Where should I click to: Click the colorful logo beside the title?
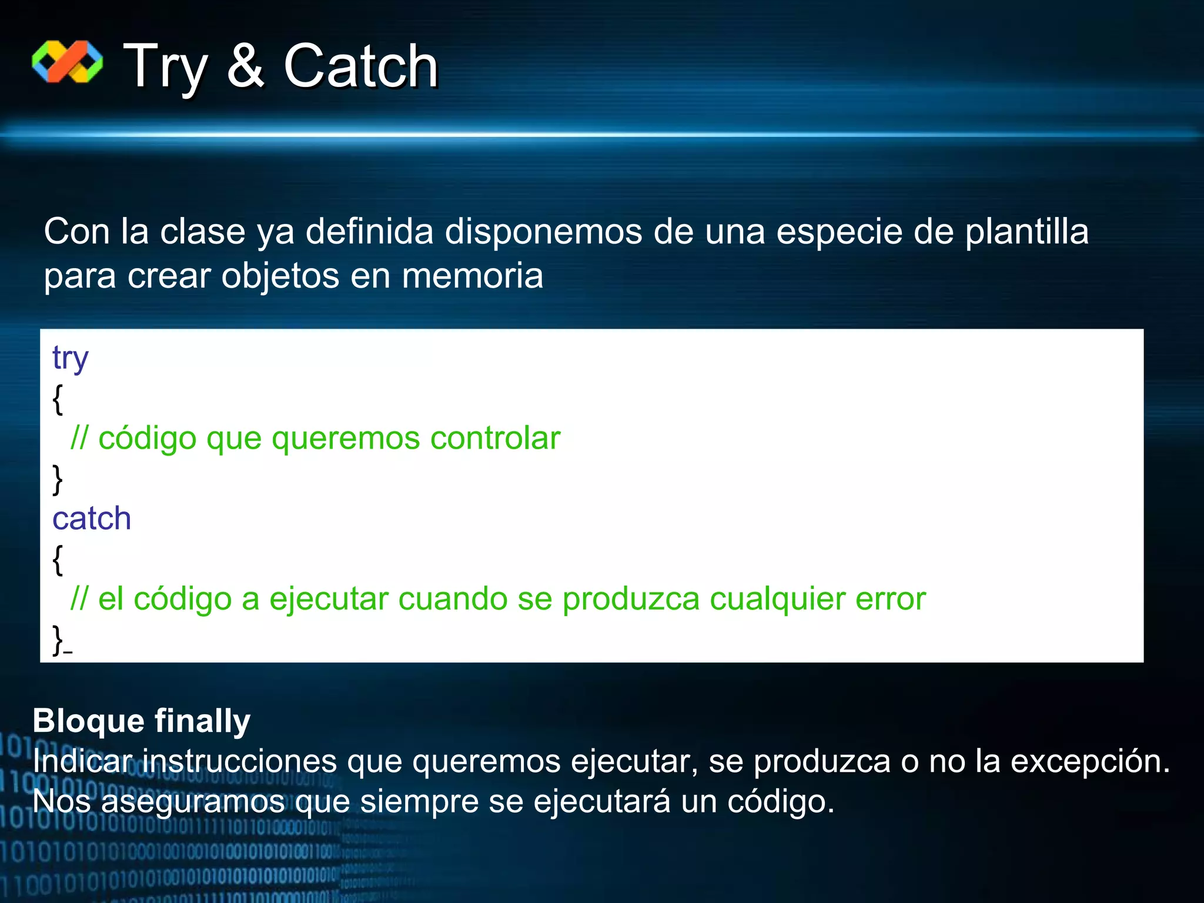coord(67,62)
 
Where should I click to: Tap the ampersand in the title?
coord(245,66)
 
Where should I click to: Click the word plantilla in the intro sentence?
coord(1026,231)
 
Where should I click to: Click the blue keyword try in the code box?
coord(70,358)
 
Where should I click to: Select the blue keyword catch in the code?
coord(92,519)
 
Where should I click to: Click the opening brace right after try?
coord(57,399)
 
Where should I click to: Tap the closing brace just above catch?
coord(57,479)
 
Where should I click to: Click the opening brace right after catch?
coord(57,560)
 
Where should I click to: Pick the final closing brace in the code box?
coord(58,640)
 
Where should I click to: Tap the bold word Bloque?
coord(88,721)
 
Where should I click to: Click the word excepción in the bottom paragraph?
coord(1089,761)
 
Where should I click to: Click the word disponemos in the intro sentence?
coord(543,231)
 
